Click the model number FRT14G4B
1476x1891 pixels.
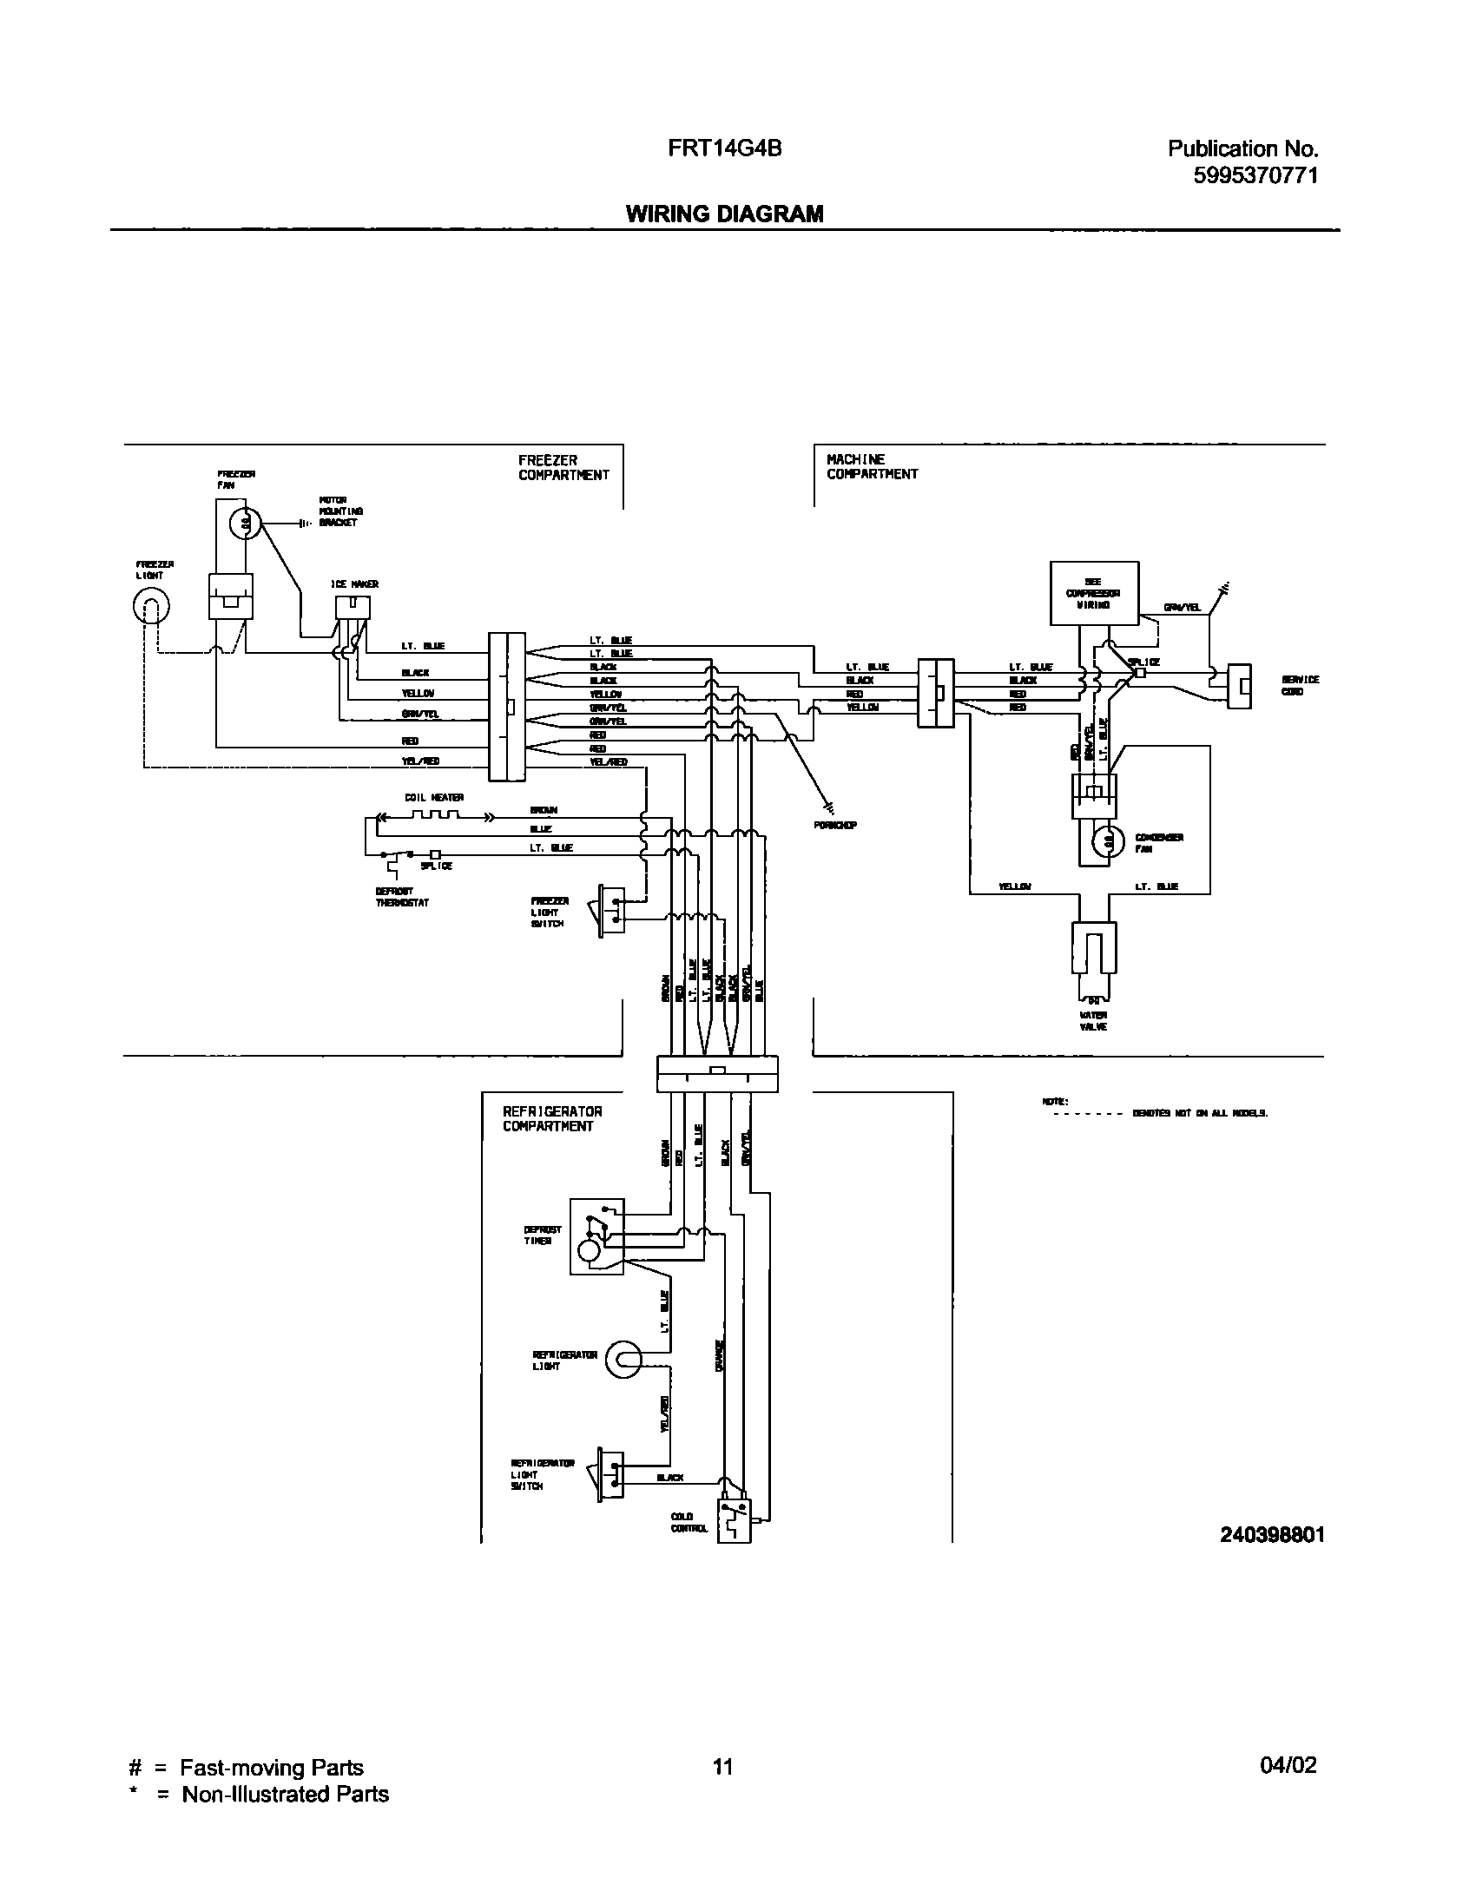coord(724,148)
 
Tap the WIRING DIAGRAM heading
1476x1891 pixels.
coord(724,214)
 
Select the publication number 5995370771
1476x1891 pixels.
coord(1255,175)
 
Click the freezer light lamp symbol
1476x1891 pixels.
coord(150,607)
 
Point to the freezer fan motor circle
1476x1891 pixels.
coord(246,524)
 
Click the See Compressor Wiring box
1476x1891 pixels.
coord(1094,593)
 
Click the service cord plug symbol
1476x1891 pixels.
coord(1239,686)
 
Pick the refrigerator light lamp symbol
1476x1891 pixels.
coord(623,1359)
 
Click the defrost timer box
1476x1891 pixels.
coord(596,1236)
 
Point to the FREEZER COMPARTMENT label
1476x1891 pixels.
coord(563,468)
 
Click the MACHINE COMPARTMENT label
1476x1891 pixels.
coord(872,466)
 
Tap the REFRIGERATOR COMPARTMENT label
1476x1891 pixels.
coord(552,1118)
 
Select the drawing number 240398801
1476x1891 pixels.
coord(1272,1534)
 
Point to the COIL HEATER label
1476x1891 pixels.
coord(434,797)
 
